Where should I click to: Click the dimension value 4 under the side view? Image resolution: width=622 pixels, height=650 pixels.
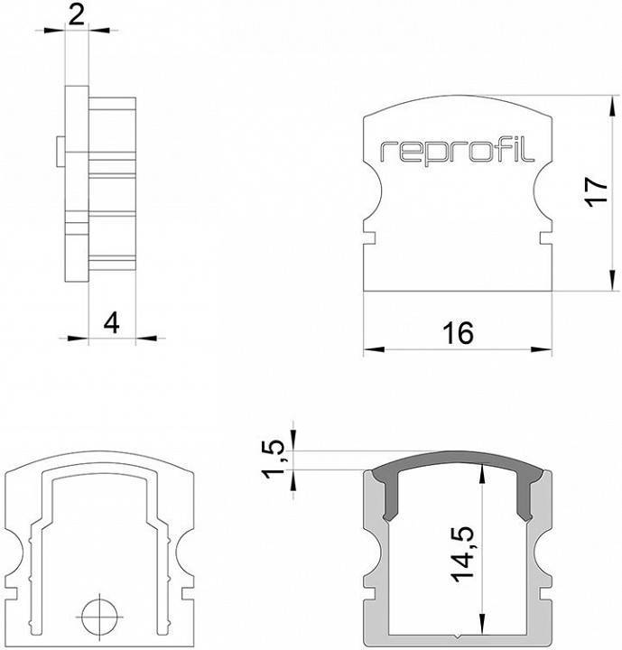111,321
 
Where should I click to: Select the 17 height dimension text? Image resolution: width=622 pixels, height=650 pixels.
592,192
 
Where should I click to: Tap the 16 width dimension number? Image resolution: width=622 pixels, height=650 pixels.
458,333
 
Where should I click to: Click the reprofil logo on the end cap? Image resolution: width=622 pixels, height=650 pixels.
457,151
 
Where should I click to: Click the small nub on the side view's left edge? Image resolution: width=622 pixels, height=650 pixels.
59,151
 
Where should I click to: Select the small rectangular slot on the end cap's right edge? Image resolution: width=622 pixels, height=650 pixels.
545,238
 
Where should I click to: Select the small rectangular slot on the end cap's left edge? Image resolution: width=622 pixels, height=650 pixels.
370,238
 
